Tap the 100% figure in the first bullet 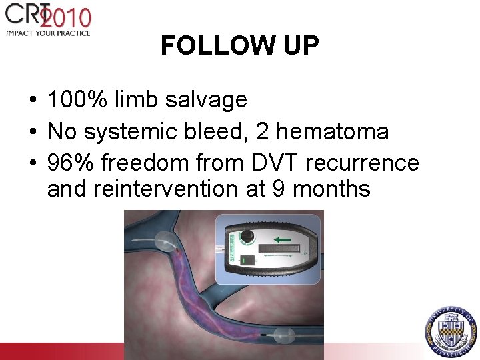point(77,100)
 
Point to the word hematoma point(332,131)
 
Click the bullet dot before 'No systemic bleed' point(33,132)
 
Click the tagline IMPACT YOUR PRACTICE point(47,32)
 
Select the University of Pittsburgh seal point(452,328)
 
